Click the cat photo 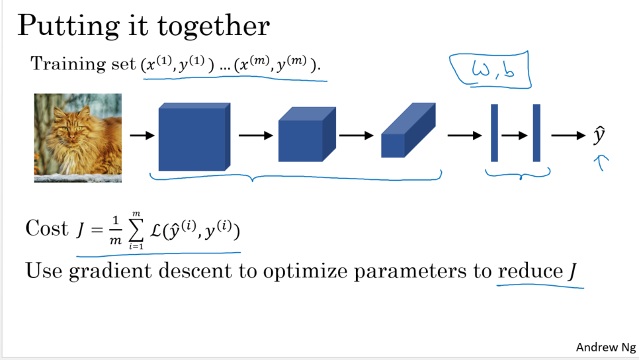[x=78, y=137]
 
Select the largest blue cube [x=193, y=138]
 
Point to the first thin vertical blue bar [x=494, y=132]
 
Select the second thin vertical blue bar [x=536, y=132]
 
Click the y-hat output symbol [x=599, y=135]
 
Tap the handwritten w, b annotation [x=491, y=71]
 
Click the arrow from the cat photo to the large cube [x=141, y=136]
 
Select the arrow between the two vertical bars [x=515, y=136]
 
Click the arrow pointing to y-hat [x=568, y=136]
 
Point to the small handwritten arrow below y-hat [x=601, y=161]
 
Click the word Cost [x=46, y=228]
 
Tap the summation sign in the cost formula [x=135, y=230]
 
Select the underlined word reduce [x=530, y=271]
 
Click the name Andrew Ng [x=605, y=347]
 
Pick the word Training [x=60, y=64]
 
